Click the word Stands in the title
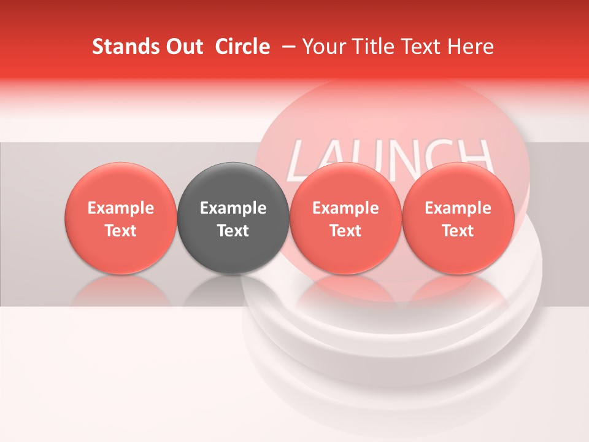pos(118,47)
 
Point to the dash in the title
pos(287,47)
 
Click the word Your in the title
pos(323,47)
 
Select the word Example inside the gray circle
pos(233,208)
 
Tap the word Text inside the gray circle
pos(233,231)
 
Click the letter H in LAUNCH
pos(475,157)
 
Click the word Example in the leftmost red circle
pos(121,208)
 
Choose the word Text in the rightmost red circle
pos(458,231)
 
